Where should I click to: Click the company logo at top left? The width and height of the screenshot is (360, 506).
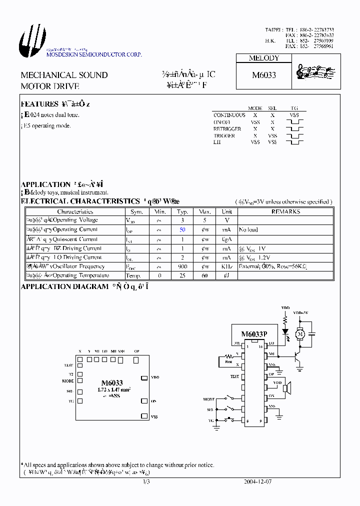32,40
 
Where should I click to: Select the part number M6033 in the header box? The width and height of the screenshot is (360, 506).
264,75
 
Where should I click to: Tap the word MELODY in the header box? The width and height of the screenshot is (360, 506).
264,58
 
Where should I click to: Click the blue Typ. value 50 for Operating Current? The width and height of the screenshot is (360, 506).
182,229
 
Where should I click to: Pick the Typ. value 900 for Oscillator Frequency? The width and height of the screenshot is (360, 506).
182,266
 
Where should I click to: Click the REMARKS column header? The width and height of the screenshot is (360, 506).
285,211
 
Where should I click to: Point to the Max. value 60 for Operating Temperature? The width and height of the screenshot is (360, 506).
205,275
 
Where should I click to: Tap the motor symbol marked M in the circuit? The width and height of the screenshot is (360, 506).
300,333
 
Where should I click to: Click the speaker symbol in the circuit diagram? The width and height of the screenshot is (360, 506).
287,387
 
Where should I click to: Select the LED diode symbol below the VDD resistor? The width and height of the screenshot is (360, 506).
285,331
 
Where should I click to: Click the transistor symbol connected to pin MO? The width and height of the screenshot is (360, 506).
298,356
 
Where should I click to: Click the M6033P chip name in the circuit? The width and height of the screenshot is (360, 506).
254,334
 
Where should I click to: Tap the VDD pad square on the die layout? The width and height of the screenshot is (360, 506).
143,377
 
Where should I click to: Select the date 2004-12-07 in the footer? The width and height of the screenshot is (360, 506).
258,482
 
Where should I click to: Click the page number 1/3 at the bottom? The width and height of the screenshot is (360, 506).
146,482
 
